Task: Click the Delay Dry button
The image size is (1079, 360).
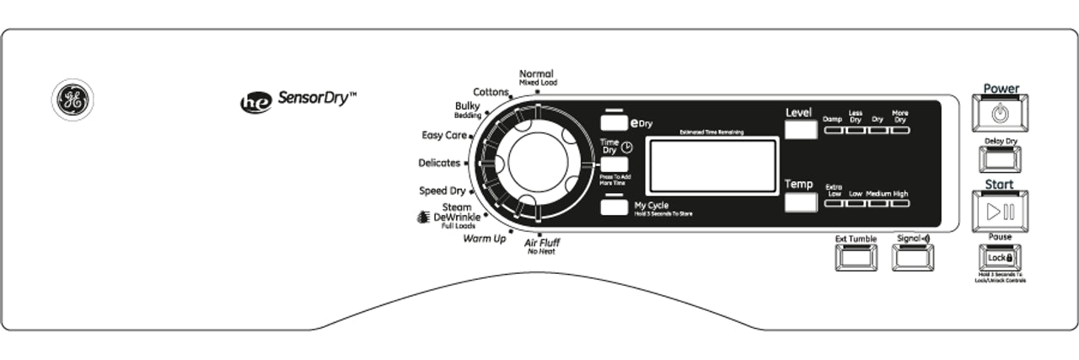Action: [x=1000, y=159]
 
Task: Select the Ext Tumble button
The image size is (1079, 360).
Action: [x=856, y=257]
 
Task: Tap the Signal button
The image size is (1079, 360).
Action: [x=914, y=257]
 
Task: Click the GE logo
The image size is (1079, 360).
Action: [x=72, y=100]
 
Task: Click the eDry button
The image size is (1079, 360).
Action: [x=615, y=121]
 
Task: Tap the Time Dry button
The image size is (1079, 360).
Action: [x=615, y=164]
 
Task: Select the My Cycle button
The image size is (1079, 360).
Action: [x=615, y=207]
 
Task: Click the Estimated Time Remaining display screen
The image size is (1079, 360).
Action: [x=711, y=166]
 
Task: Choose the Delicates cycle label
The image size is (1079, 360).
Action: [x=439, y=163]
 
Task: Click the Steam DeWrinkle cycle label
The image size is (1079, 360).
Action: [x=455, y=217]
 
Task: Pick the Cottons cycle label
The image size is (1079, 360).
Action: [x=491, y=91]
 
